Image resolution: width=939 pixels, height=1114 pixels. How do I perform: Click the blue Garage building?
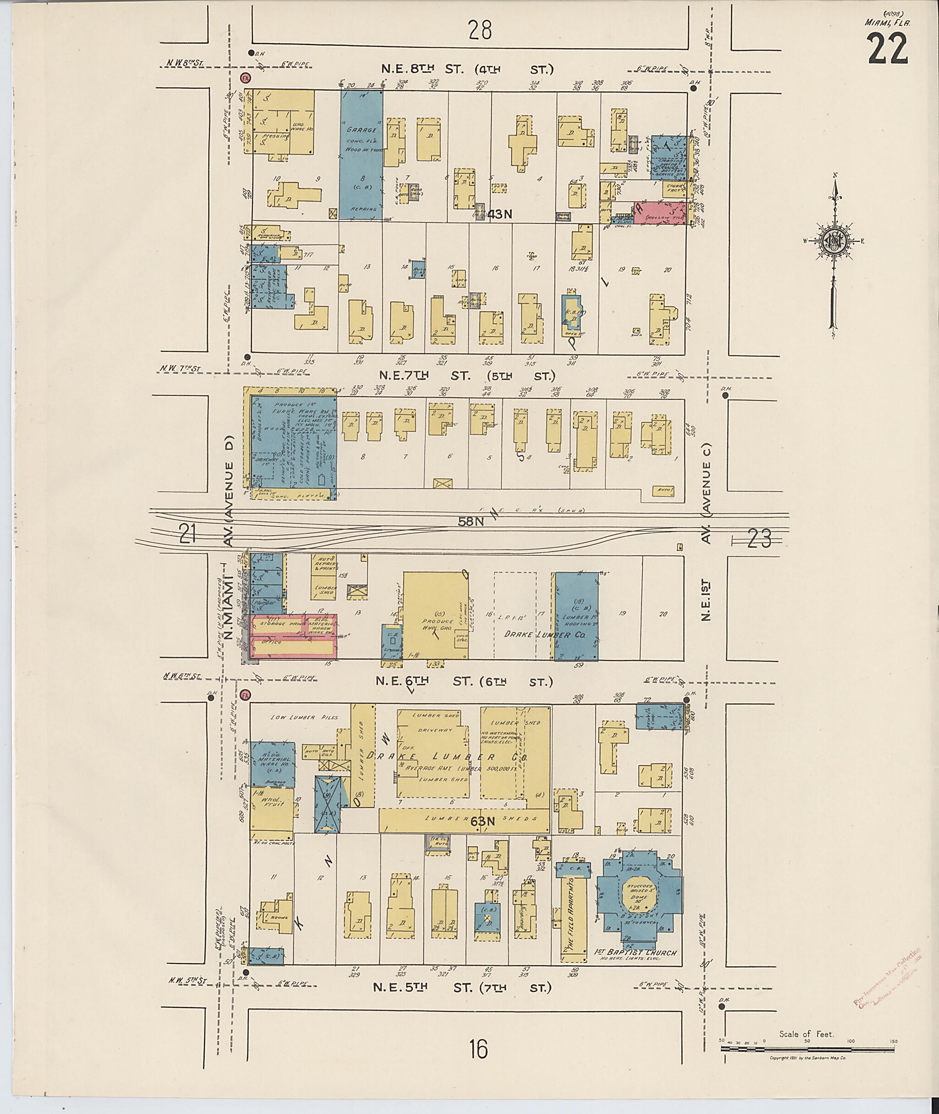(x=361, y=155)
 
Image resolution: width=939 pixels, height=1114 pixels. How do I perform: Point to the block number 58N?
(x=471, y=522)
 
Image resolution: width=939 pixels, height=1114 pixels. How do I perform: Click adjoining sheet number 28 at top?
(x=480, y=30)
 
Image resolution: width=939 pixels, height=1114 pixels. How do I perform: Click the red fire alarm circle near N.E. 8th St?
(x=245, y=78)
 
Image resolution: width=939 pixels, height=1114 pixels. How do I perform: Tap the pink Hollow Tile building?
(x=659, y=212)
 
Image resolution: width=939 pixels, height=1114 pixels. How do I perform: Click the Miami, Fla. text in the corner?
(x=886, y=22)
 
